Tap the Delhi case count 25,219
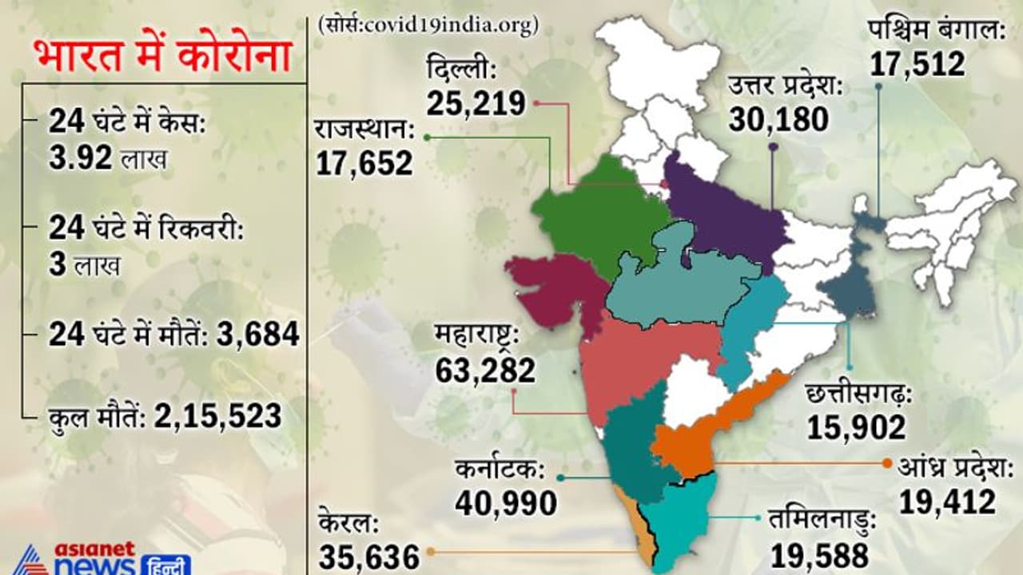(x=476, y=103)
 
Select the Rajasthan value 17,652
(x=364, y=163)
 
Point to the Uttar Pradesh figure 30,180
(x=778, y=119)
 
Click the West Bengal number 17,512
(x=918, y=64)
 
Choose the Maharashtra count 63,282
(x=486, y=371)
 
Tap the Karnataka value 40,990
(x=506, y=503)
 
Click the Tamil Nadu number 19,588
(x=819, y=555)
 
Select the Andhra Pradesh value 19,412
(x=947, y=502)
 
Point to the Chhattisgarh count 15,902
(x=856, y=427)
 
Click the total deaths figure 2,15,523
(x=217, y=416)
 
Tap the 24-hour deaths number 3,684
(x=257, y=334)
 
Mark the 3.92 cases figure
(x=80, y=158)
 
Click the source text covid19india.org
(x=428, y=25)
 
